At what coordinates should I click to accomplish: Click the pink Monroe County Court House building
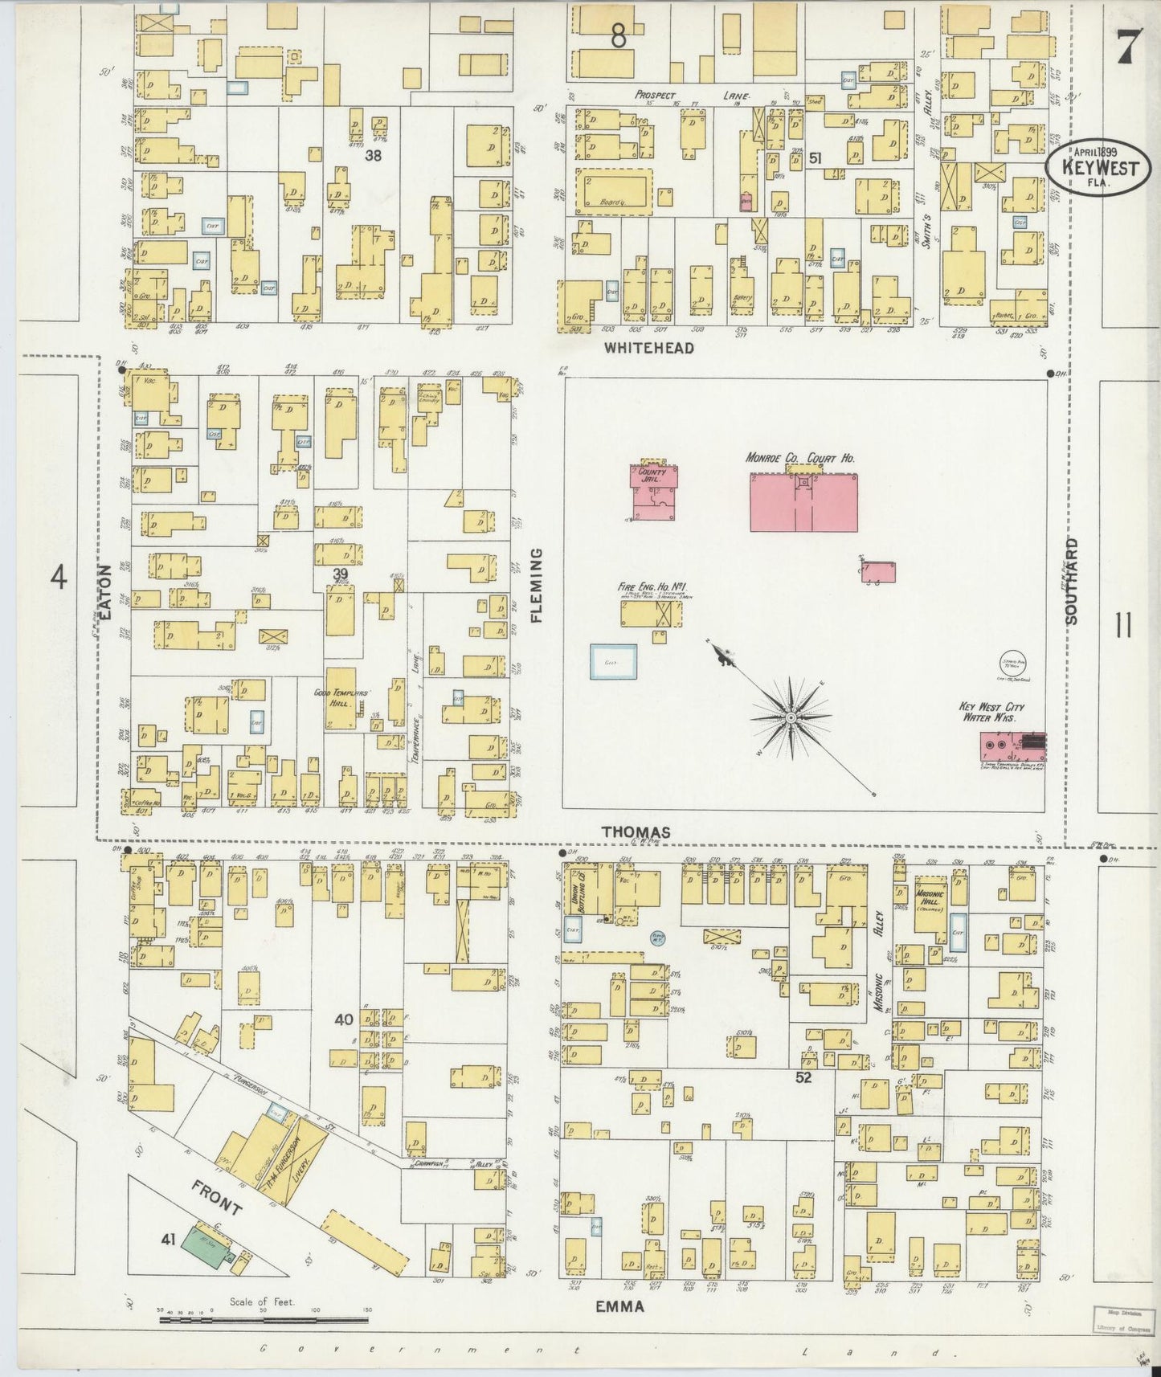(803, 502)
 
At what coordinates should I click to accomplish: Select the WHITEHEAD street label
(648, 348)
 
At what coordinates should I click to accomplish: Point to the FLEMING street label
(537, 586)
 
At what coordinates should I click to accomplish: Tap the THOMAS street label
(637, 832)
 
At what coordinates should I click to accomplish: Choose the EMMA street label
(619, 1306)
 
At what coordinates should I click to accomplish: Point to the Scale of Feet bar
(264, 1318)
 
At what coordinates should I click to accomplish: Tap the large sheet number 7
(1126, 50)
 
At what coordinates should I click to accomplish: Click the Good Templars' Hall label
(341, 697)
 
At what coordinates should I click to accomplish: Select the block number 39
(341, 572)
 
